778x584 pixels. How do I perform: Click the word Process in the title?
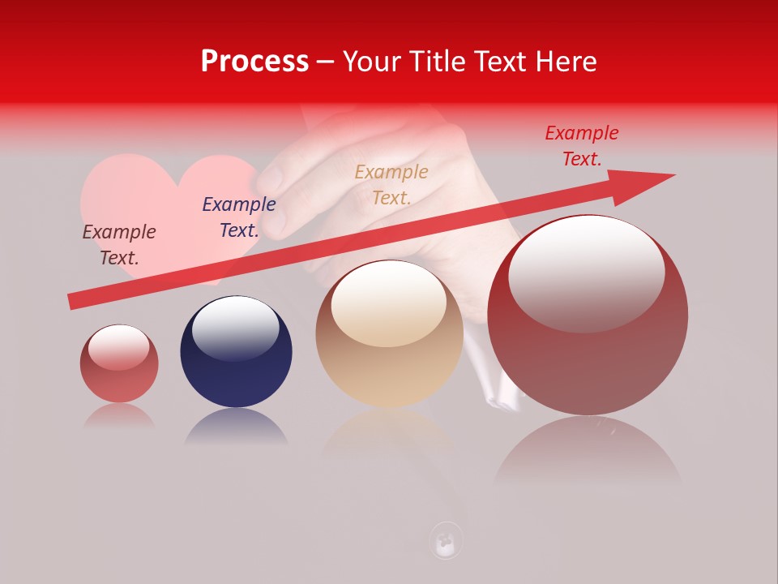point(254,61)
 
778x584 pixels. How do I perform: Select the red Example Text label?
point(581,146)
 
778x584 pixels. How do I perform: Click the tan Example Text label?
point(391,184)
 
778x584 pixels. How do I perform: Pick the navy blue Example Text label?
point(239,217)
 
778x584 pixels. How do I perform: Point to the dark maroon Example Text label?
point(119,244)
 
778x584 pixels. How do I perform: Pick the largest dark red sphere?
point(588,357)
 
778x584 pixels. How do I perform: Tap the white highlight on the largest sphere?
point(586,272)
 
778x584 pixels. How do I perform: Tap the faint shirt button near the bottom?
point(446,540)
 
